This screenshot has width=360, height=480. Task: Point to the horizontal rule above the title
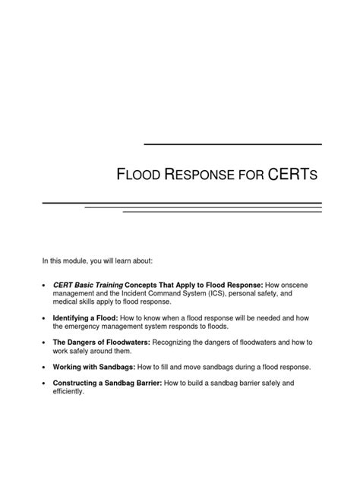tap(232, 144)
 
